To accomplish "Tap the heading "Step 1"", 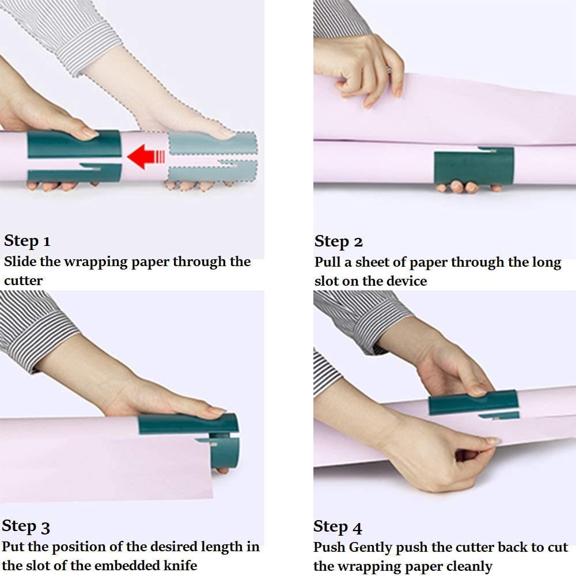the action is (27, 241).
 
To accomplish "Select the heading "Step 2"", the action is (338, 242).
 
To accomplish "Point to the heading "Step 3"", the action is (26, 526).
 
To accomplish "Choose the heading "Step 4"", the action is (338, 527).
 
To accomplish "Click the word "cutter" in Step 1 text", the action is (23, 281).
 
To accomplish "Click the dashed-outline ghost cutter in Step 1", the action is (213, 157).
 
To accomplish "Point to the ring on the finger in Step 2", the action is (389, 70).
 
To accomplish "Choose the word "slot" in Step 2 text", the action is (327, 282).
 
